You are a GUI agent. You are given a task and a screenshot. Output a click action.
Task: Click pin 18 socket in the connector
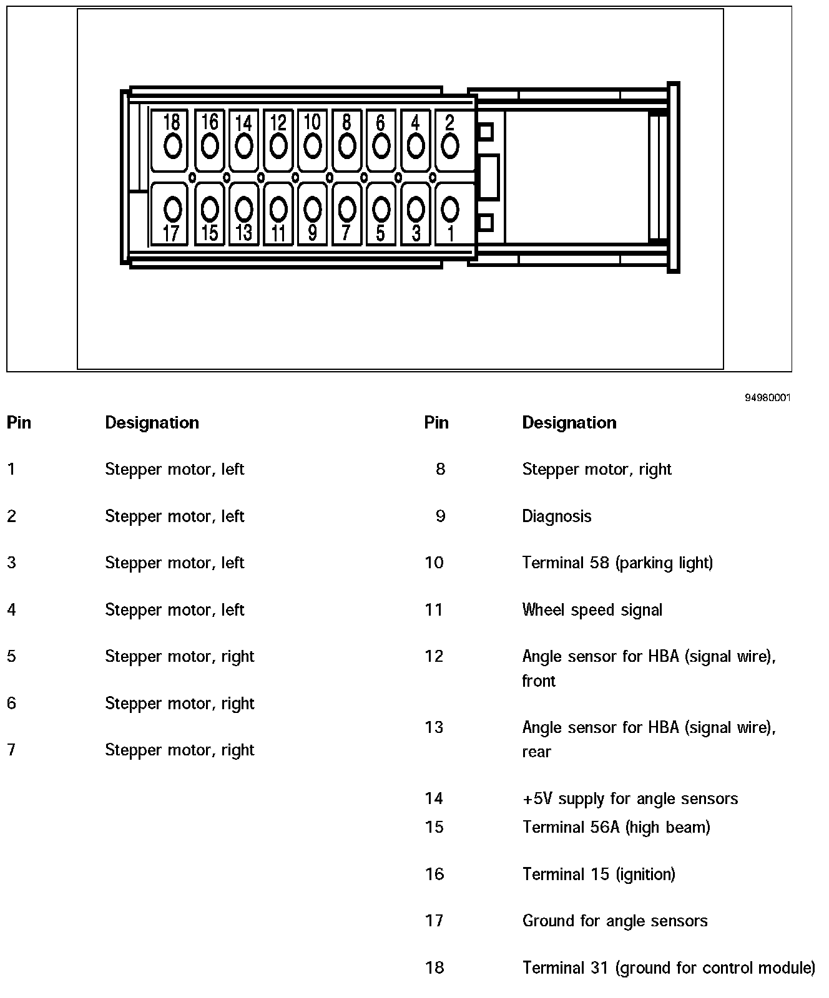tap(172, 147)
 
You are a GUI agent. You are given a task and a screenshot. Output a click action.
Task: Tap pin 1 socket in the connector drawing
tap(450, 210)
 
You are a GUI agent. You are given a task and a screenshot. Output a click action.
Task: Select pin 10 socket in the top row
tap(312, 147)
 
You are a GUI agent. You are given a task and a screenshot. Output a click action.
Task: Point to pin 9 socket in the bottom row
tap(312, 210)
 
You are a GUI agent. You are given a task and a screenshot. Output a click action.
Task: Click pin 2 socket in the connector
tap(450, 147)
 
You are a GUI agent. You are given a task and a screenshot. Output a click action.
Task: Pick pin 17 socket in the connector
tap(172, 210)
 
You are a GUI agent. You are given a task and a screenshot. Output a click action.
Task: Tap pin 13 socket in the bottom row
tap(244, 210)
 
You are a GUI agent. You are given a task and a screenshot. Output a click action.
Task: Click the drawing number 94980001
tap(767, 397)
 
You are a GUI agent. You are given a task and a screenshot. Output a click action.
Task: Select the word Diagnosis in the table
tap(556, 516)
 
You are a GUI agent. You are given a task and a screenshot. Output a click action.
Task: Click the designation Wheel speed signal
tap(592, 609)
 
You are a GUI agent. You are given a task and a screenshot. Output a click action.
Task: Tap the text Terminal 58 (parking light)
tap(617, 563)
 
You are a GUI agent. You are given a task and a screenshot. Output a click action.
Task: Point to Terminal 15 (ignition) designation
tap(598, 874)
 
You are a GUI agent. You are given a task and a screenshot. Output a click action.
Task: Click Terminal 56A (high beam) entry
tap(616, 827)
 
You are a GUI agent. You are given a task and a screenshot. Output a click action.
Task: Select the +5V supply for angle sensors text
tap(629, 798)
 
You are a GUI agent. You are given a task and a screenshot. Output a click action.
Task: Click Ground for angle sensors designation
tap(614, 921)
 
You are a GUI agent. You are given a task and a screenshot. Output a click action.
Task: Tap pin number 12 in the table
tap(434, 656)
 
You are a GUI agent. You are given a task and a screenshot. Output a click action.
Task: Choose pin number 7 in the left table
tap(11, 749)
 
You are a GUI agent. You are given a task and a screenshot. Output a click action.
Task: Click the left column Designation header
tap(152, 422)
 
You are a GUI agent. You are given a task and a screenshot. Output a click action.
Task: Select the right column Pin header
tap(436, 422)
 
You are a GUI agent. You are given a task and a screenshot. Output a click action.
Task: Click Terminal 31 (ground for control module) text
tap(668, 967)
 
